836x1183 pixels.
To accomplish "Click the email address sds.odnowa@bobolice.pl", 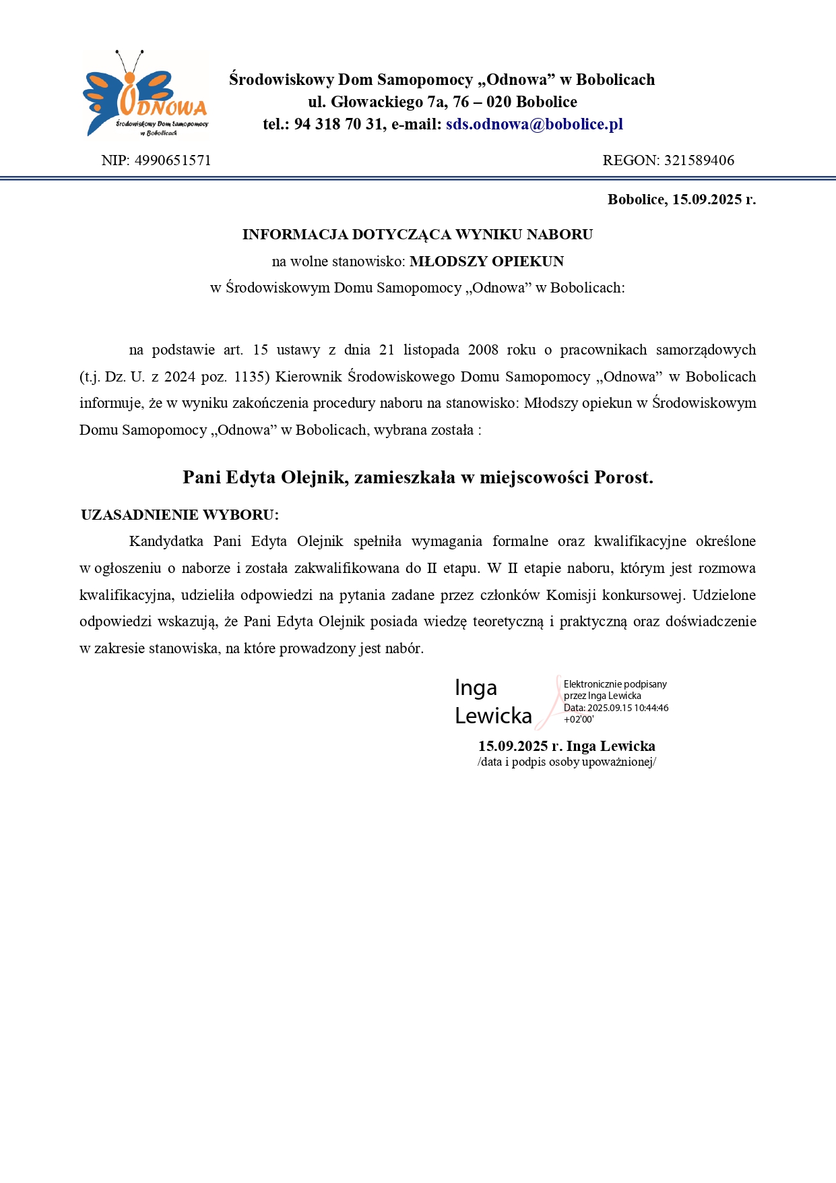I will pyautogui.click(x=534, y=124).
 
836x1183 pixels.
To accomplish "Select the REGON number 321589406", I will pyautogui.click(x=699, y=160).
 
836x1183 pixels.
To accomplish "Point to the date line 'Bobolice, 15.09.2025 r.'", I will pyautogui.click(x=681, y=200).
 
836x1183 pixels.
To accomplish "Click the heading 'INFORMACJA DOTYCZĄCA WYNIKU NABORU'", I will pyautogui.click(x=418, y=235).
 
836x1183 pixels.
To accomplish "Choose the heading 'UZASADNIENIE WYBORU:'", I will pyautogui.click(x=180, y=515).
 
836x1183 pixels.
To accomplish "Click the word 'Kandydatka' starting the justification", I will pyautogui.click(x=166, y=541).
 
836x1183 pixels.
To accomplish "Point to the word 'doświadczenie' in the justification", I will pyautogui.click(x=711, y=621).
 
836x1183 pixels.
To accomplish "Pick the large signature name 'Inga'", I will pyautogui.click(x=476, y=688).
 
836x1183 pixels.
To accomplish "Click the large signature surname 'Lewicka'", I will pyautogui.click(x=493, y=716).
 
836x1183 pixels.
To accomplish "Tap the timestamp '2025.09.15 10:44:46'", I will pyautogui.click(x=628, y=708).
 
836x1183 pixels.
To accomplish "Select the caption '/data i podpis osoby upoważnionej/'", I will pyautogui.click(x=567, y=762).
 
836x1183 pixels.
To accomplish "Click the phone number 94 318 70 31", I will pyautogui.click(x=338, y=124).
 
